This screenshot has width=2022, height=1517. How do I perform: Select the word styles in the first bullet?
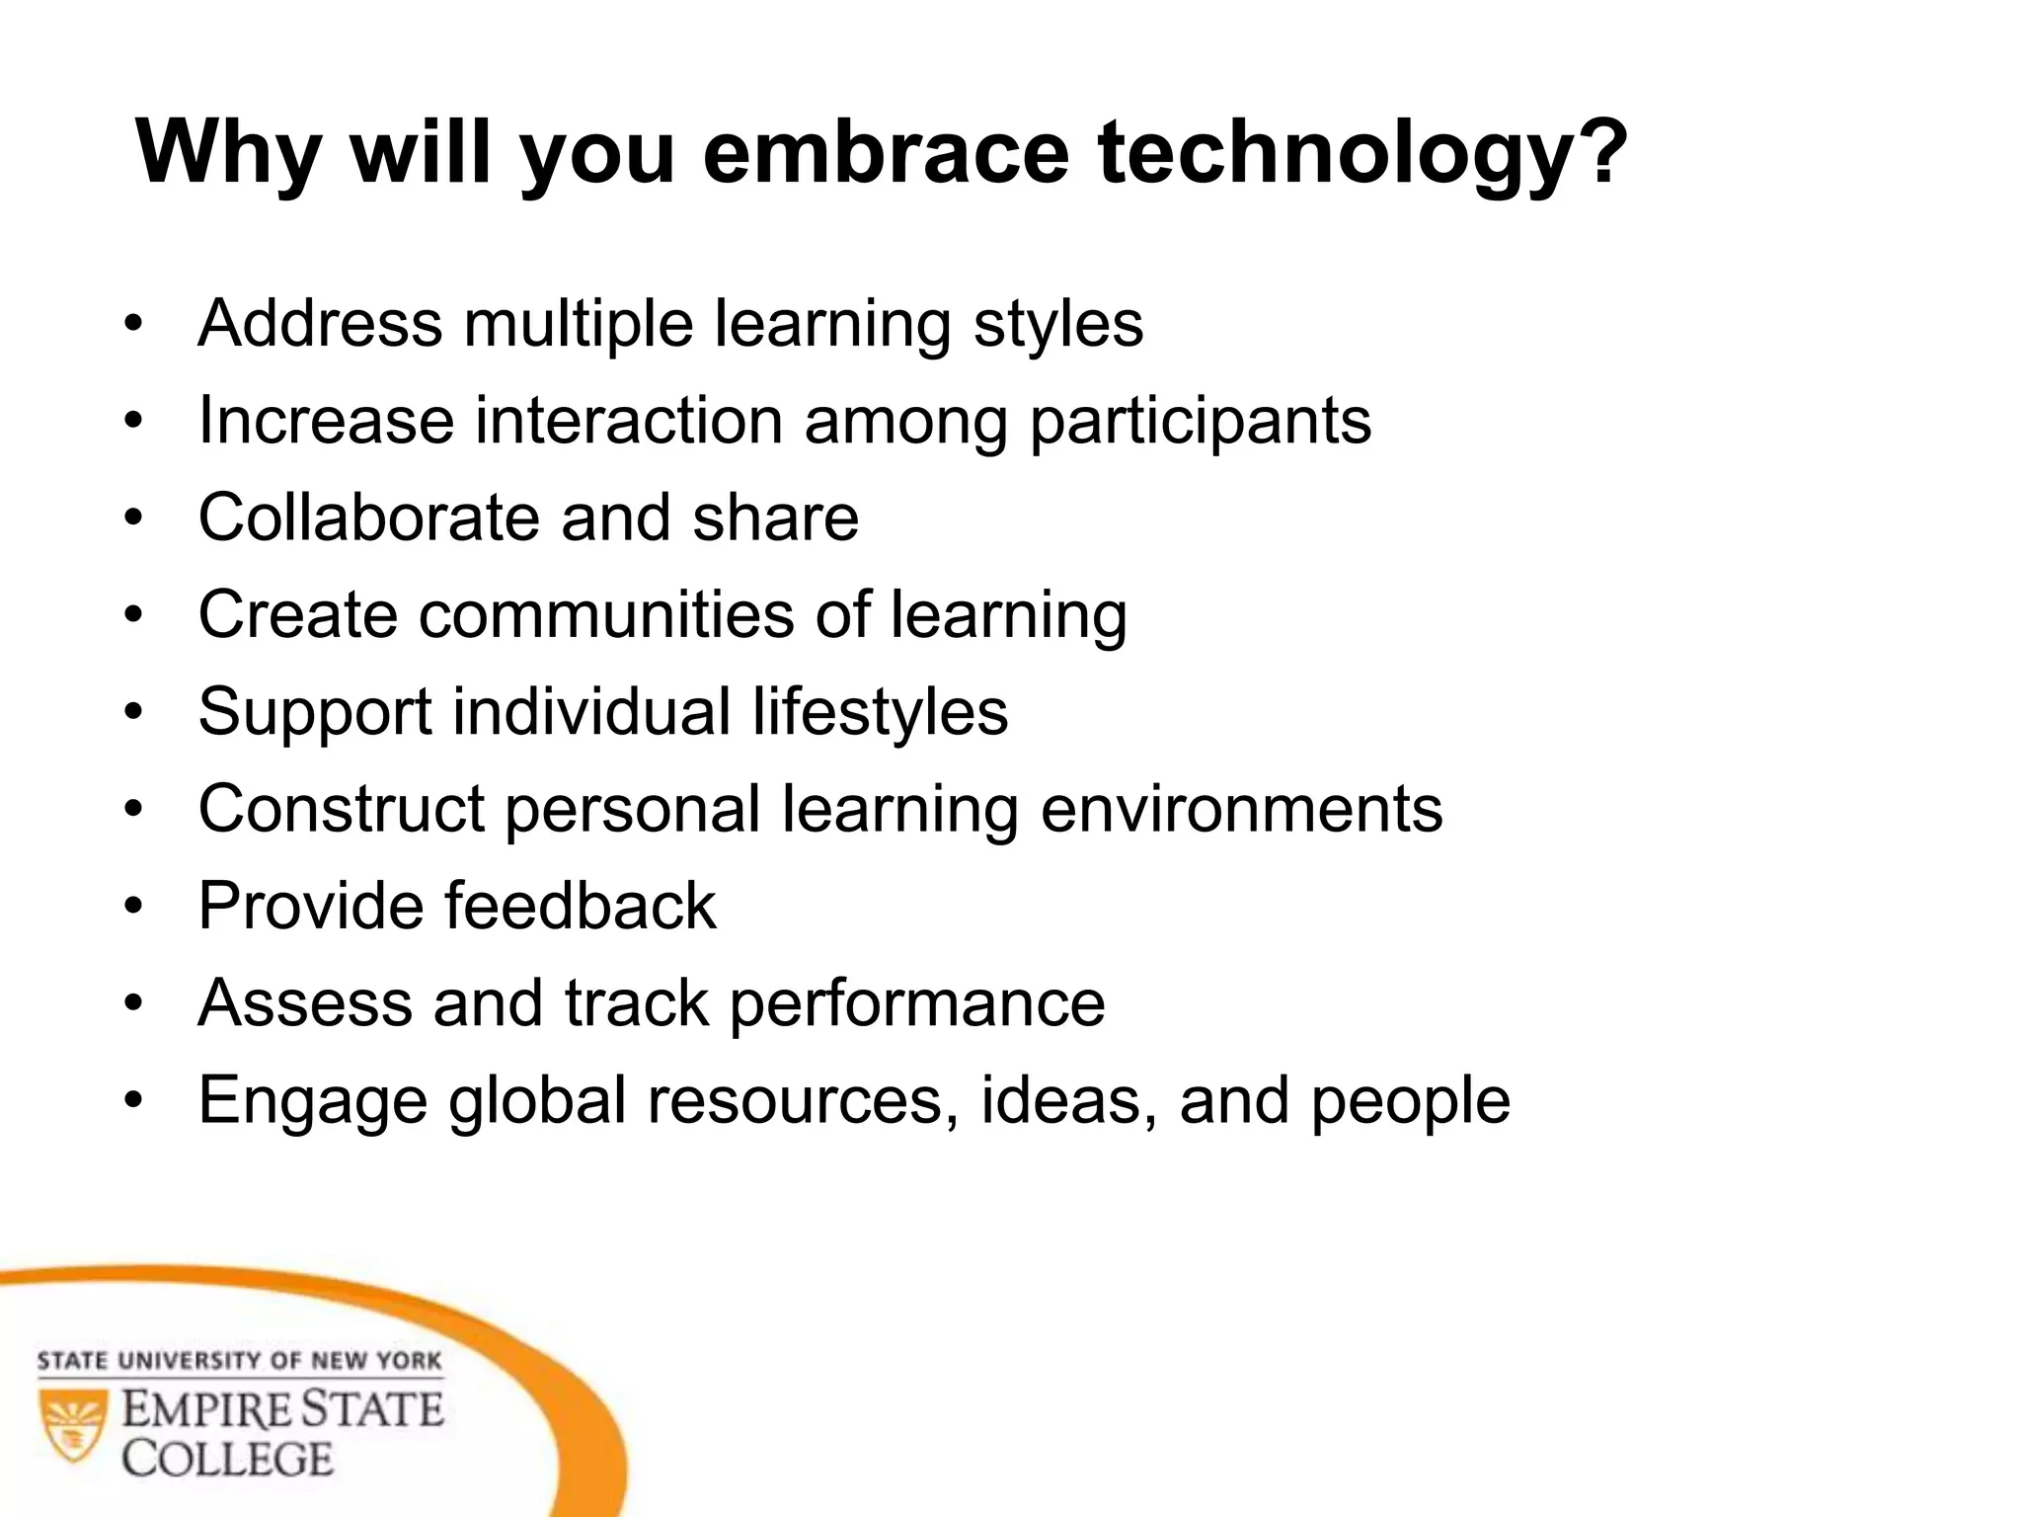(x=1058, y=326)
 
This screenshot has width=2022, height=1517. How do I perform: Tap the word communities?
(x=606, y=614)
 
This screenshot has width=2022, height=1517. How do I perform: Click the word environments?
(x=1241, y=809)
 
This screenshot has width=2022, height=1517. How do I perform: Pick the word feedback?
(x=580, y=906)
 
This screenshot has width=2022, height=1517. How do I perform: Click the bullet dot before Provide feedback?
(x=134, y=906)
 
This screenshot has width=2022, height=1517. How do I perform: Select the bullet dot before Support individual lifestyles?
(x=134, y=711)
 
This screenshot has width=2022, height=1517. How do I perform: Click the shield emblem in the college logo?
(x=72, y=1423)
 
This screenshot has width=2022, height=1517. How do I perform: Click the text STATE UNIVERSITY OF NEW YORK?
(x=239, y=1361)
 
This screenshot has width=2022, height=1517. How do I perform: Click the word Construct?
(x=342, y=809)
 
